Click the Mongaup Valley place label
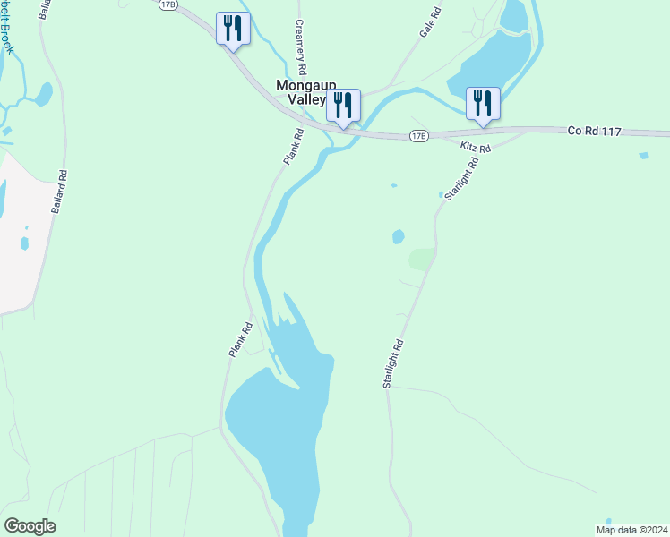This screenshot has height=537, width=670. pos(300,92)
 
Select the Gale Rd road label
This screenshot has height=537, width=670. pos(431,22)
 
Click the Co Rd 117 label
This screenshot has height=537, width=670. pos(594,131)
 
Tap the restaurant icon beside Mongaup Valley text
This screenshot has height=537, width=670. pos(343,105)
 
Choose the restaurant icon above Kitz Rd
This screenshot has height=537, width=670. pos(483,104)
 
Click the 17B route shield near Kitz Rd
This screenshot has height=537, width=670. pos(417,135)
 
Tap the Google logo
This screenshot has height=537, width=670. pos(30,526)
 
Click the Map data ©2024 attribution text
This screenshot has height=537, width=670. pos(632,529)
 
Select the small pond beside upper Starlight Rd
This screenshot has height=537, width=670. pos(398,237)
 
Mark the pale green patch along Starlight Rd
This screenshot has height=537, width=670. pos(422,260)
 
